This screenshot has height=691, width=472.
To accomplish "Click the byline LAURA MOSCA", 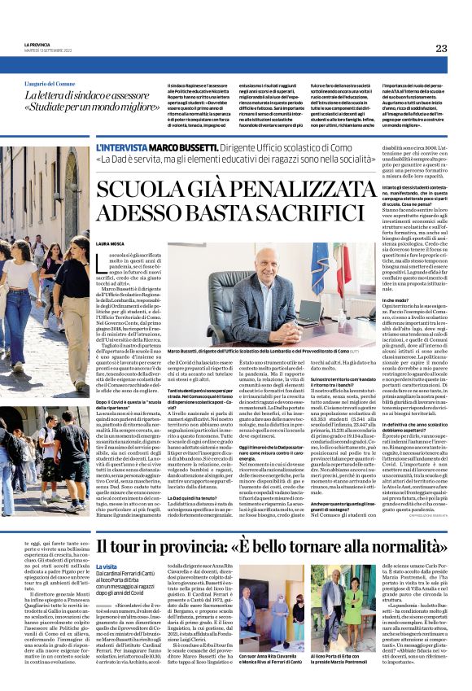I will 109,243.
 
